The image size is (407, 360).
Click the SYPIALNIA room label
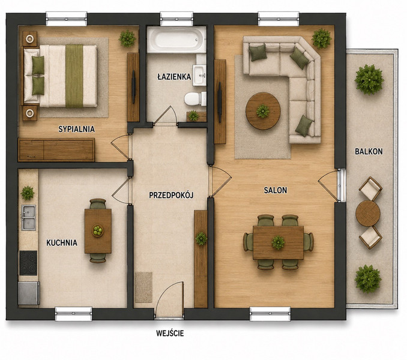pos(76,129)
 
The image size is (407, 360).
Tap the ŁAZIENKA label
pos(174,77)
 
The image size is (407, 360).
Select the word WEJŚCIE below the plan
pos(170,333)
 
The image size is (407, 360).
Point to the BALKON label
pos(369,151)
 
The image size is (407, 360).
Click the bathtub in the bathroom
pos(176,40)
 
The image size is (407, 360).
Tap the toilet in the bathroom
pos(195,98)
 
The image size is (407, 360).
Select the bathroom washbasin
pos(199,75)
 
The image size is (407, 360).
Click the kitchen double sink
pos(29,217)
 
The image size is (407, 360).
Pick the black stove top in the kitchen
pos(28,263)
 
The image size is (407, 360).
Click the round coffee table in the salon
pos(263,111)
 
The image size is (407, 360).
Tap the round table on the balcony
pos(368,213)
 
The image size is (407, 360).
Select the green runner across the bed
pos(74,76)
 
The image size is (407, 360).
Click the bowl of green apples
pos(98,230)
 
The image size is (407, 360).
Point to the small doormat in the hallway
pos(143,287)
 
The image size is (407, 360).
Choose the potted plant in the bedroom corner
pos(127,38)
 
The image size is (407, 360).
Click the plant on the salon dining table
pos(278,242)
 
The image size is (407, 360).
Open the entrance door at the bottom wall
pos(170,298)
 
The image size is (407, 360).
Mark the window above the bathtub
pos(176,19)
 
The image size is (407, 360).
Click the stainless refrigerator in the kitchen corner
pos(29,293)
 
